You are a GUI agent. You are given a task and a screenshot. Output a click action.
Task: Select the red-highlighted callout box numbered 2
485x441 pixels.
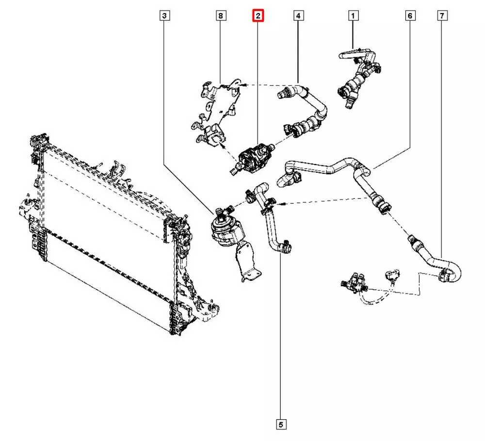(259, 16)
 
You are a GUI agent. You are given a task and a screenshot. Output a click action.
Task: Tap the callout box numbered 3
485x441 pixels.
(165, 16)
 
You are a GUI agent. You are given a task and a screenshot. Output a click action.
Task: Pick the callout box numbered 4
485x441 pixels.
(298, 16)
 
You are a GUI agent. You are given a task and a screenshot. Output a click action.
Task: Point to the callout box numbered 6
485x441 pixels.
(410, 16)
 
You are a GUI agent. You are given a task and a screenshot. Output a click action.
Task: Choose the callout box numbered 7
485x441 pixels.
(442, 16)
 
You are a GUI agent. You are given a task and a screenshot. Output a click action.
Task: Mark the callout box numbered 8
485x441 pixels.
(221, 16)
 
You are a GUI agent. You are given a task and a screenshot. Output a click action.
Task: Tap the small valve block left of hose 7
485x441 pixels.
(354, 283)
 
